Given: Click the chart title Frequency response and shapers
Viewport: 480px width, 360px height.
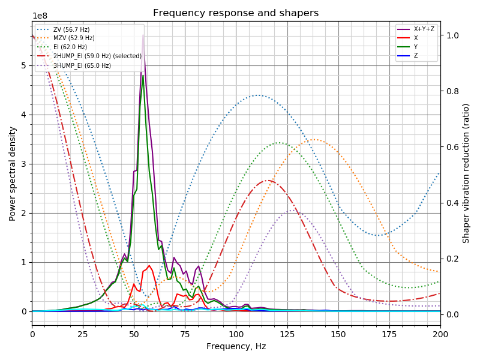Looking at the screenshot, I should click(x=236, y=13).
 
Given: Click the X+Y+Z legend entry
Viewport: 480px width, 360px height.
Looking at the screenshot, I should click(x=424, y=29).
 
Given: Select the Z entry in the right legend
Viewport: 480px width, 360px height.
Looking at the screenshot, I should click(x=415, y=56).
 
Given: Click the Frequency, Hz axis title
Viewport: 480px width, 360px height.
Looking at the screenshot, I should click(x=236, y=346).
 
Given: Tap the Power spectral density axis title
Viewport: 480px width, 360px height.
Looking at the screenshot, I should click(x=13, y=174).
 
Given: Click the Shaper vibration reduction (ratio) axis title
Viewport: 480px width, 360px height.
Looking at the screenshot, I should click(x=466, y=173).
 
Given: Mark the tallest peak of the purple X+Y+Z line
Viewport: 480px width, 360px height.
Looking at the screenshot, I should click(x=143, y=35).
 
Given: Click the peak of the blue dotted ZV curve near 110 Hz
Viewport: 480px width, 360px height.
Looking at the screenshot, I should click(x=258, y=95).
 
